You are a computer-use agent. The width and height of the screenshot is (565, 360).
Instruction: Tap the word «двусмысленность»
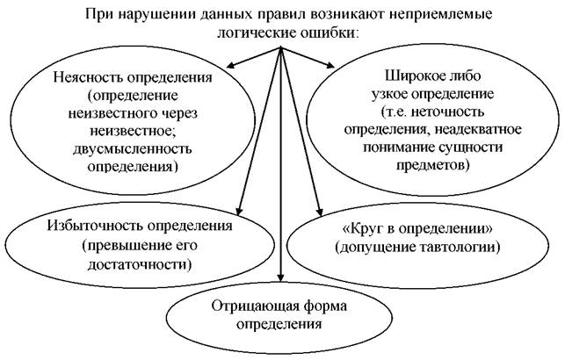[x=132, y=148]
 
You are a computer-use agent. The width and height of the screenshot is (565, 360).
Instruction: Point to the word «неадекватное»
[x=478, y=129]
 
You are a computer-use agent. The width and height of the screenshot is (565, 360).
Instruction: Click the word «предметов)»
[x=433, y=165]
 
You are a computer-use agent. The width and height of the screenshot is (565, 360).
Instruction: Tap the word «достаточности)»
[x=140, y=264]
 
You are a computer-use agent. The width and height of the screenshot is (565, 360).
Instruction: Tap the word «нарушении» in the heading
[x=155, y=14]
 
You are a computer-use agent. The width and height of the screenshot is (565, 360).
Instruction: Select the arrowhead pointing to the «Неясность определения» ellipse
[x=231, y=65]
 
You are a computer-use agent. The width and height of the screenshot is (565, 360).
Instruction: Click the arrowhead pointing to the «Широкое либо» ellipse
[x=330, y=65]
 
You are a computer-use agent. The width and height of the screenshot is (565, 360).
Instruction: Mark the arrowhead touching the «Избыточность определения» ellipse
[x=238, y=211]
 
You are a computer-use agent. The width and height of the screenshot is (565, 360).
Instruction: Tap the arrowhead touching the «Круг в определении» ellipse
[x=319, y=212]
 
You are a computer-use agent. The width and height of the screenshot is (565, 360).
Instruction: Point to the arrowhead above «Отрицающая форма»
[x=280, y=277]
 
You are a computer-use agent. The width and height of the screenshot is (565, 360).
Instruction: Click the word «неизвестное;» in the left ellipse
[x=133, y=131]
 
